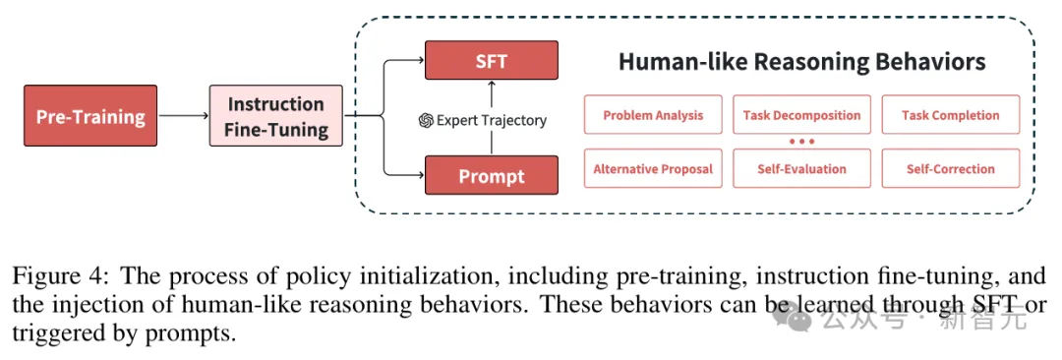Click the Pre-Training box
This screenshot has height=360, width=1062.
coord(90,115)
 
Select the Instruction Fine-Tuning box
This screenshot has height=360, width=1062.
coord(275,115)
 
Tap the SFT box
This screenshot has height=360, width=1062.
coord(491,60)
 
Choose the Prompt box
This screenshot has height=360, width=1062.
coord(491,175)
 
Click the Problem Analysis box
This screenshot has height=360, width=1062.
coord(653,114)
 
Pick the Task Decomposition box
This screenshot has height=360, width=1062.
coord(802,114)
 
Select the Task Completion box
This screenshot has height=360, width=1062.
coord(950,114)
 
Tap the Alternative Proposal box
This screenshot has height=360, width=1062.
coord(653,168)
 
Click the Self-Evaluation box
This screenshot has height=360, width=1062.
coord(802,168)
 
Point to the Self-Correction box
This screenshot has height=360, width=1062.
coord(950,168)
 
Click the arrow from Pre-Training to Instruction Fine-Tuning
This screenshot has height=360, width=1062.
coord(183,115)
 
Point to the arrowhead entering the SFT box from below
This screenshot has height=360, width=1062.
coord(492,84)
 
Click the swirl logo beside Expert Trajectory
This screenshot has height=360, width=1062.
coord(426,121)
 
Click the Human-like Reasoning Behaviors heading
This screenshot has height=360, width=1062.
coord(802,62)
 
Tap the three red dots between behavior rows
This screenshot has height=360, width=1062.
coord(802,142)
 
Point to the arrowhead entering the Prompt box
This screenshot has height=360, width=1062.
coord(420,175)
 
